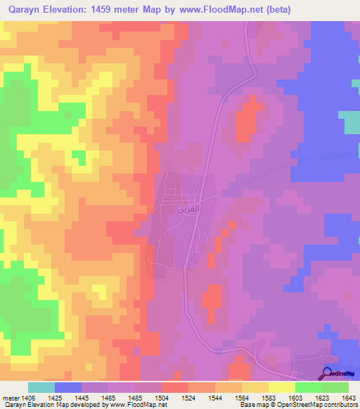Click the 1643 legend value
349,398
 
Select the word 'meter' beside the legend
12,398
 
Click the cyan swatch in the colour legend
41,387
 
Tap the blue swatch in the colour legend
68,387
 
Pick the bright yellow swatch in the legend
281,387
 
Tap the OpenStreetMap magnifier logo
326,374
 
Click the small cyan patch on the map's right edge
352,122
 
